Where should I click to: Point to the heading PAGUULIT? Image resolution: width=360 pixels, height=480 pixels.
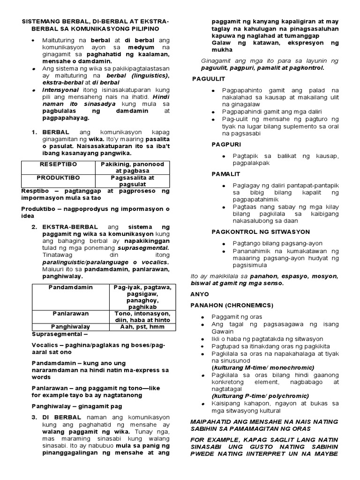pyautogui.click(x=209, y=78)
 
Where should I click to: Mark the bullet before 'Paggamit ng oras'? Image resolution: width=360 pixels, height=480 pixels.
pyautogui.click(x=202, y=317)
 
